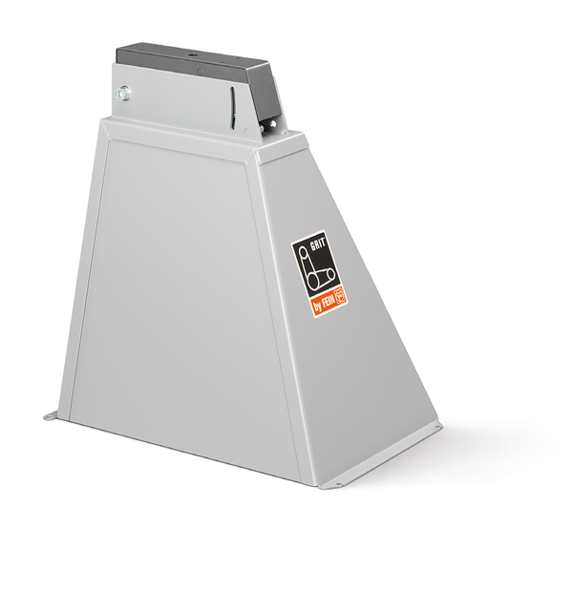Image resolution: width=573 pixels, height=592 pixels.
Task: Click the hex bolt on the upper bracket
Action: click(x=123, y=93)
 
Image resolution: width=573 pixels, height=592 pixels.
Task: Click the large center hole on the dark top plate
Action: click(x=194, y=55)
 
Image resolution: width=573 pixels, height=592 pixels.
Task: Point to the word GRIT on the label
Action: click(x=318, y=244)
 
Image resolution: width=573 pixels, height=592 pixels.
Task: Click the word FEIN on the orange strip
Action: click(x=329, y=302)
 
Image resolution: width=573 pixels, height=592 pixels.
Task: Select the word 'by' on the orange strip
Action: click(x=317, y=307)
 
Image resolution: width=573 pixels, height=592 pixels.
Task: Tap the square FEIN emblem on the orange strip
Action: click(x=341, y=294)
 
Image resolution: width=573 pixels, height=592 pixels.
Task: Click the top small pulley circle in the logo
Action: click(x=303, y=252)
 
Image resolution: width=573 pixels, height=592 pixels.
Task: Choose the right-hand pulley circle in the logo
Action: click(x=331, y=274)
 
